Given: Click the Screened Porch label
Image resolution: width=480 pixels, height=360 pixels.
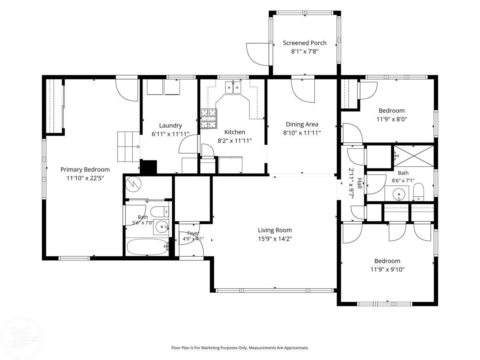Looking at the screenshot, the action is [x=304, y=43].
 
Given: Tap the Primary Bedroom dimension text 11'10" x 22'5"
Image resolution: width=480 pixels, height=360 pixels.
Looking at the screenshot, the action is [x=85, y=178].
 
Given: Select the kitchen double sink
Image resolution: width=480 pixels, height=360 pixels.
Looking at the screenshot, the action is [x=233, y=88].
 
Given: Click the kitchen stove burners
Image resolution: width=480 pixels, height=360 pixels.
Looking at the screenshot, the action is [x=209, y=118].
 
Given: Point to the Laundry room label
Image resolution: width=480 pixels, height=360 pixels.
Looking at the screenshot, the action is [x=170, y=126].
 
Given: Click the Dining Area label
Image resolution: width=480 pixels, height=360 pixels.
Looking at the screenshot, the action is [x=302, y=124].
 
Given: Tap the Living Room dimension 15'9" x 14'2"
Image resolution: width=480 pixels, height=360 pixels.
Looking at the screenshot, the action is [x=275, y=239].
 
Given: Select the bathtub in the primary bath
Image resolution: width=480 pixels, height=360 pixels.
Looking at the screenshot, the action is [x=147, y=247].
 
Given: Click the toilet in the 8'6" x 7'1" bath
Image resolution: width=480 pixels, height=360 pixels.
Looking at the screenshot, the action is [x=418, y=192].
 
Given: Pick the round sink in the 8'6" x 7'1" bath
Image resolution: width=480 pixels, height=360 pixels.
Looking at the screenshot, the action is [x=399, y=194].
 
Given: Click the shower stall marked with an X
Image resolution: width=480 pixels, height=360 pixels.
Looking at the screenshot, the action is [x=414, y=156].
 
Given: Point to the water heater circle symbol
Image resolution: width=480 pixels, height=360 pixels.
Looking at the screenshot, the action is [x=133, y=184].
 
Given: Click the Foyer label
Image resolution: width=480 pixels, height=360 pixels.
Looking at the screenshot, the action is [x=193, y=233].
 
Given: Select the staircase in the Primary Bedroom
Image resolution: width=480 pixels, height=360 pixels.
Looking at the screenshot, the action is [x=128, y=146].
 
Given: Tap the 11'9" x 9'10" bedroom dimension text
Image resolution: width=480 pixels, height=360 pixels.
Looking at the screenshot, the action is [x=387, y=269].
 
